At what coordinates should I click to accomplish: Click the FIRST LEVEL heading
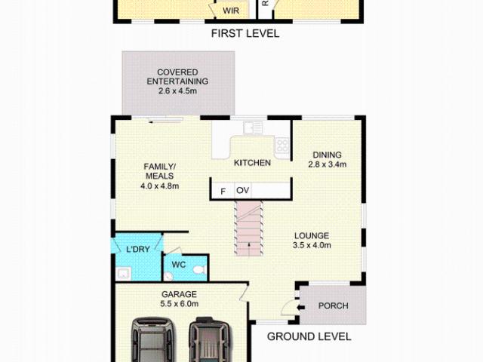point(245,33)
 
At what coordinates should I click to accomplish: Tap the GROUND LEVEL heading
point(309,337)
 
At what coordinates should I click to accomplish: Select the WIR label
point(230,11)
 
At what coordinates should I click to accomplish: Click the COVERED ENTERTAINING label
point(177,77)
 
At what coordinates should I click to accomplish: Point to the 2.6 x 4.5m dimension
point(177,91)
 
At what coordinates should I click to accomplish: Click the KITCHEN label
point(252,163)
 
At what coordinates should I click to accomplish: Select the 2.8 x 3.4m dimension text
point(328,164)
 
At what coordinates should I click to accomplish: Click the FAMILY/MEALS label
point(160,171)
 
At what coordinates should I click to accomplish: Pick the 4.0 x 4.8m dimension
point(159,186)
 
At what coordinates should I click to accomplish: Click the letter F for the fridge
point(223,191)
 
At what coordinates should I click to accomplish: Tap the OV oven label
point(242,191)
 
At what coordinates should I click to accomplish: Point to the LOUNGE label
point(311,235)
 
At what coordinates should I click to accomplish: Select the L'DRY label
point(137,250)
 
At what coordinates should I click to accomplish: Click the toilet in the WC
point(198,268)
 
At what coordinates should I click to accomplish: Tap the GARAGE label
point(179,294)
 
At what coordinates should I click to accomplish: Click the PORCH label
point(332,306)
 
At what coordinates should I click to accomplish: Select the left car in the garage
point(152,339)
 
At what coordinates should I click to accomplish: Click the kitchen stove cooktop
point(281,146)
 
